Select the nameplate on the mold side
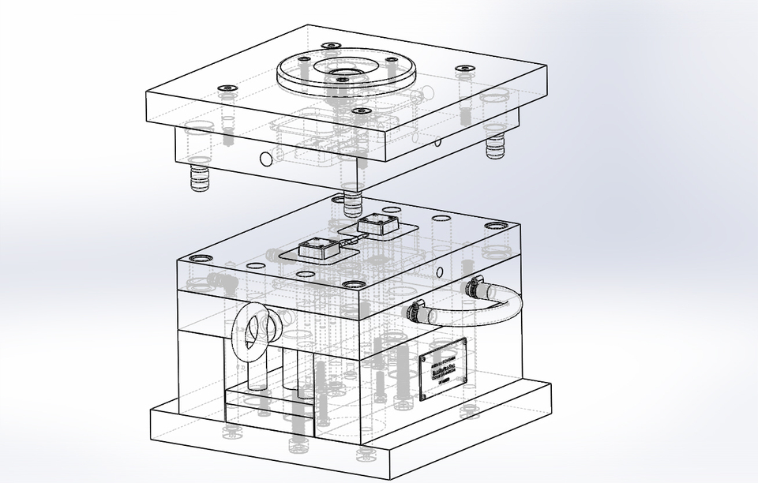pyautogui.click(x=442, y=369)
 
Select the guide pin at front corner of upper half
pyautogui.click(x=353, y=202)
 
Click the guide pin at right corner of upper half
pyautogui.click(x=495, y=147)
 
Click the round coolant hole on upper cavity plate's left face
pyautogui.click(x=266, y=159)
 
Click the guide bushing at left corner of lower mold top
pyautogui.click(x=197, y=260)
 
